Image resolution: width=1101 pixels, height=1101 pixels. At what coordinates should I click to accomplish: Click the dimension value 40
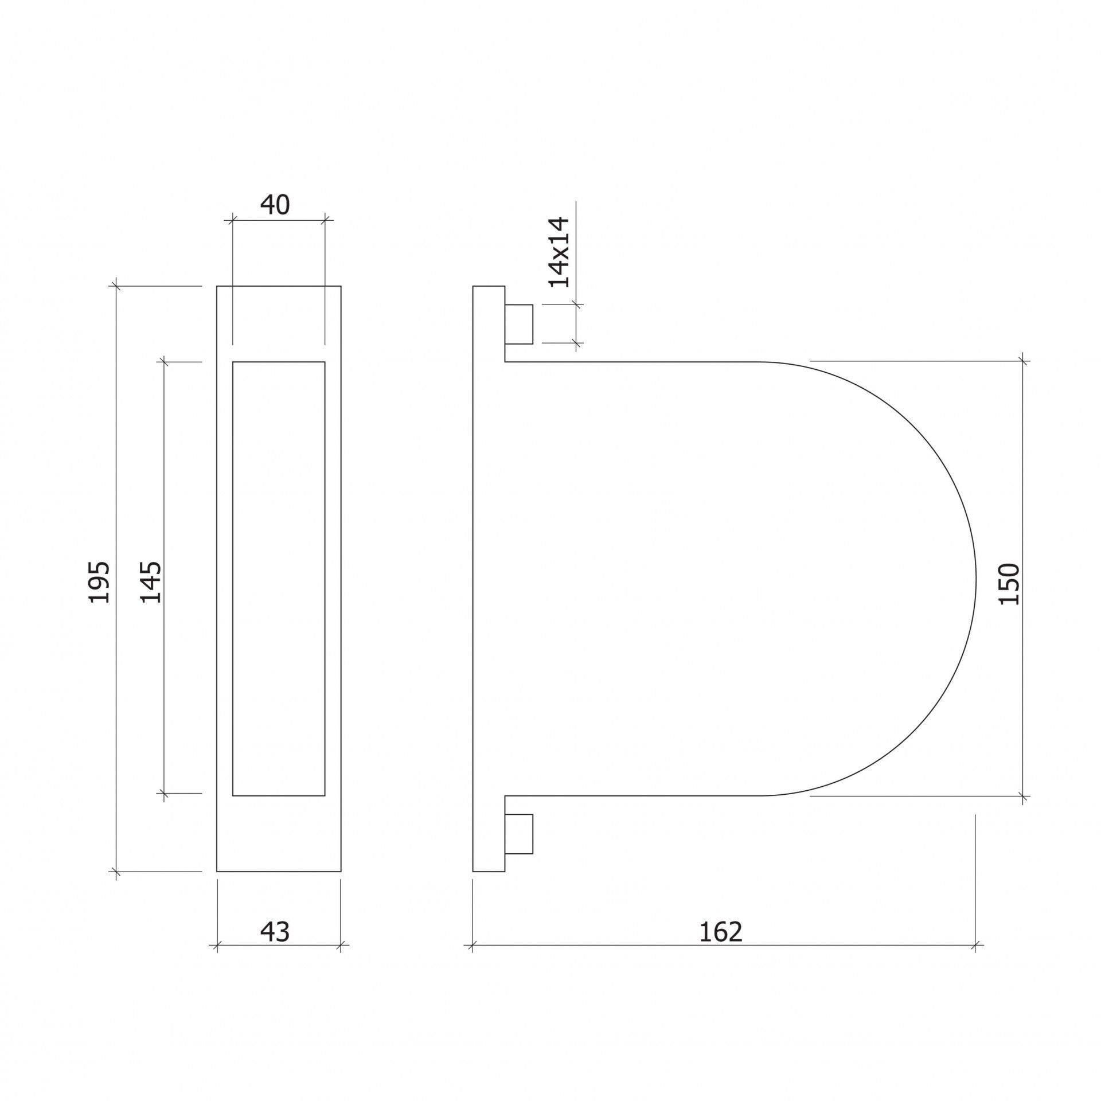[x=275, y=205]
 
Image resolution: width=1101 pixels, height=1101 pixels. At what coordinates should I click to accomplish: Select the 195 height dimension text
[x=100, y=583]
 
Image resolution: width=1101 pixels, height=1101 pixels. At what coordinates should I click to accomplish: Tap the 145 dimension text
[x=151, y=583]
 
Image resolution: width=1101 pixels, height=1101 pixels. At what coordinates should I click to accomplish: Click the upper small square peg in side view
[x=519, y=325]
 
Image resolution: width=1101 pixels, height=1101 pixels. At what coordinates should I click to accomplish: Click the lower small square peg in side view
[x=519, y=834]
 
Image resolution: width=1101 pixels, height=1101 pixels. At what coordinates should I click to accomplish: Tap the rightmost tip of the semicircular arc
[x=975, y=579]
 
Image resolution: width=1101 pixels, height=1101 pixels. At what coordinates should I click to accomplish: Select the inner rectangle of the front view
[x=279, y=579]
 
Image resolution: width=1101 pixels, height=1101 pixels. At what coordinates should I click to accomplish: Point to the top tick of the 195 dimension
[x=116, y=286]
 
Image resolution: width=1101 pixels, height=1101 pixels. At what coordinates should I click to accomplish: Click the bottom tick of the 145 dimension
[x=163, y=794]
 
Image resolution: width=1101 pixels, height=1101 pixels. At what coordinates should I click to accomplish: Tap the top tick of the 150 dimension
[x=1022, y=361]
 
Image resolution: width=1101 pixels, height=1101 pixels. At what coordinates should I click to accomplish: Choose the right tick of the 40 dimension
[x=325, y=218]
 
